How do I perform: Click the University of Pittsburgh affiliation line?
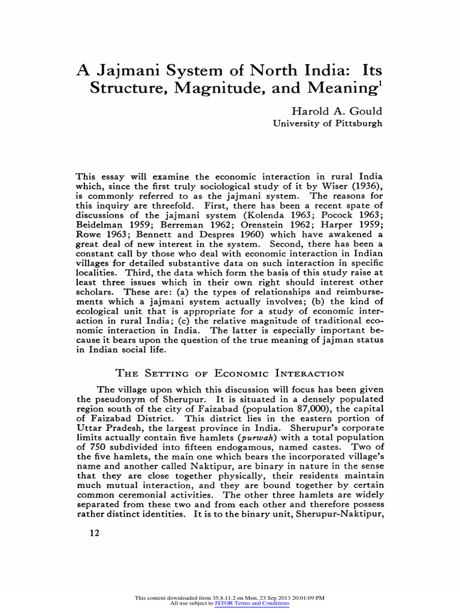pos(327,123)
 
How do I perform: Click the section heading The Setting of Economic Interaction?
pos(230,374)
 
